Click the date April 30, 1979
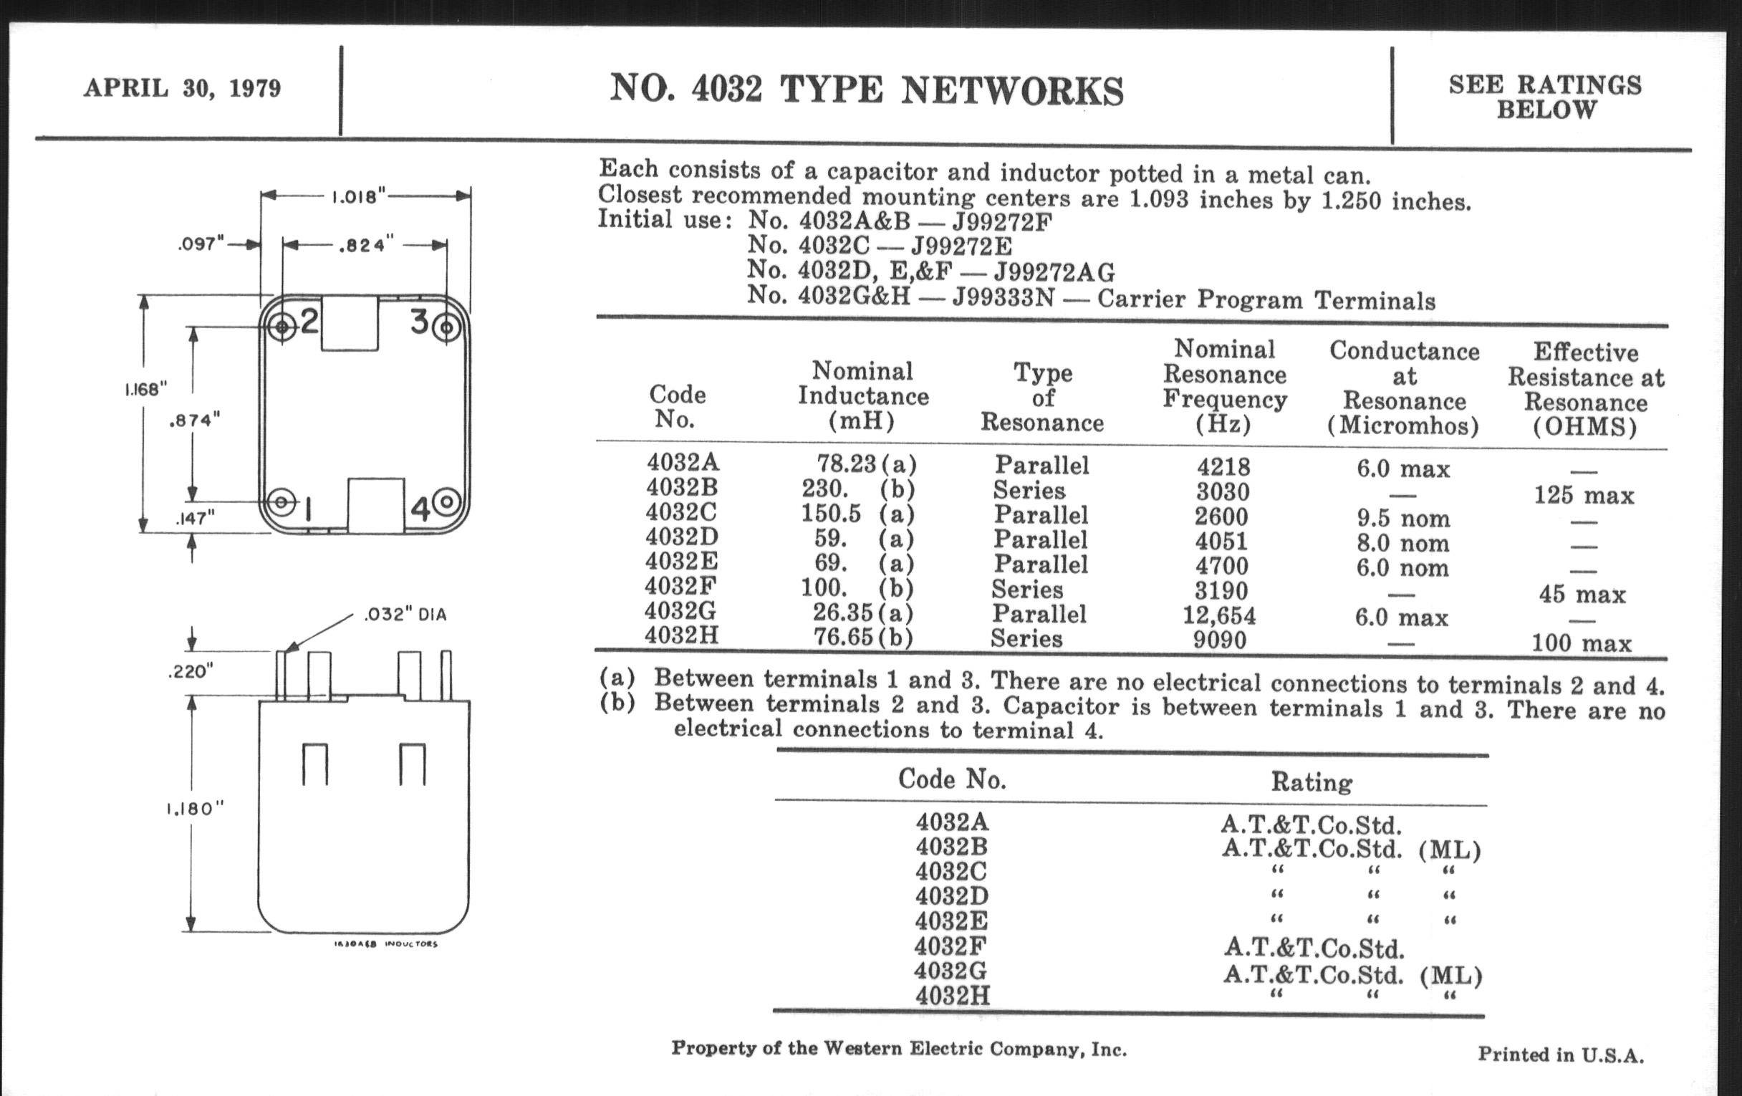tap(183, 88)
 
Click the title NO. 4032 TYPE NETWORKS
tap(867, 90)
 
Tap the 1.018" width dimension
tap(359, 197)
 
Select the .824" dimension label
tap(366, 245)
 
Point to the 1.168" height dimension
tap(145, 390)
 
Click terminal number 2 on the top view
tap(309, 321)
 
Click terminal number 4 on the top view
tap(420, 509)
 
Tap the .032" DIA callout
tap(405, 615)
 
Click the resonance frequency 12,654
tap(1219, 615)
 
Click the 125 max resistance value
tap(1584, 496)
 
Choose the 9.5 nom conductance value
tap(1402, 519)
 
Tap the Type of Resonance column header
tap(1042, 397)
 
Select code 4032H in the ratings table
tap(952, 996)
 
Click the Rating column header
tap(1312, 782)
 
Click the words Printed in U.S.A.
tap(1560, 1054)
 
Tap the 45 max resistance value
tap(1582, 595)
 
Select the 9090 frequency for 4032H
tap(1220, 640)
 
